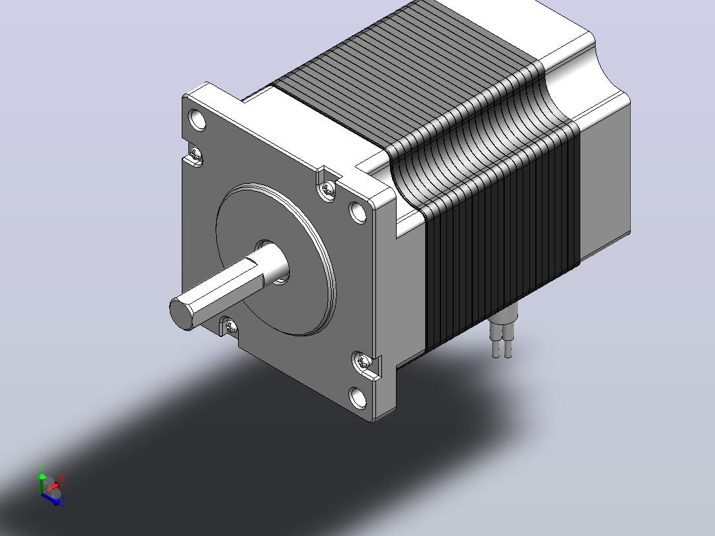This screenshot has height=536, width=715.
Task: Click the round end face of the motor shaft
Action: [x=181, y=313]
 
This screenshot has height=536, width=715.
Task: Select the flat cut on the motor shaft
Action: [x=224, y=283]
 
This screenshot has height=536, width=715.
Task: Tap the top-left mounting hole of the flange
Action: [x=198, y=119]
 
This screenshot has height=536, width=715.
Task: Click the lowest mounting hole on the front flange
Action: [x=358, y=397]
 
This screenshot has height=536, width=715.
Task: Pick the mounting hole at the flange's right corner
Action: [x=358, y=212]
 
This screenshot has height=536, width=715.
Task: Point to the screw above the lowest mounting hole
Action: [x=363, y=362]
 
